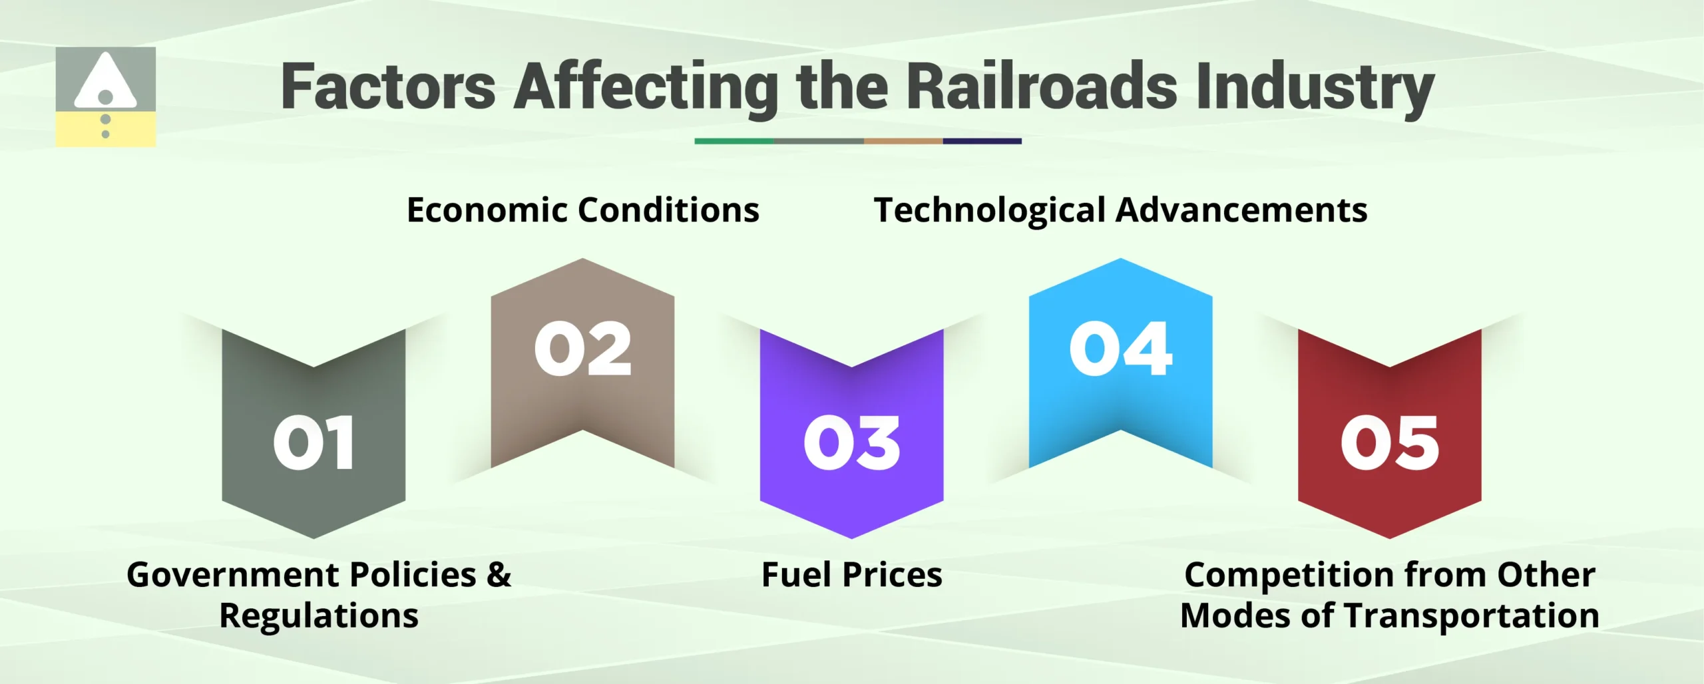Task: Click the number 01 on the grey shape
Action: [314, 443]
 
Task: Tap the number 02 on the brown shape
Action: [582, 349]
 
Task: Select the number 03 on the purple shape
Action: [851, 443]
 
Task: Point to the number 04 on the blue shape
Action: [1120, 349]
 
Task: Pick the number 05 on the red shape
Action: [1389, 443]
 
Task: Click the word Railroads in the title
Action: [1042, 86]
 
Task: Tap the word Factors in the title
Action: [388, 86]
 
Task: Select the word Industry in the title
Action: [1315, 86]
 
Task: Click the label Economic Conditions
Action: [582, 210]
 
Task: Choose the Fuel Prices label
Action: [851, 575]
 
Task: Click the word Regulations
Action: [319, 616]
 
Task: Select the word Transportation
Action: [1471, 616]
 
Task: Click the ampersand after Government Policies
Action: [499, 575]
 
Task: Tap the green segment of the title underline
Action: [734, 141]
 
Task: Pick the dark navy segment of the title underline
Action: [982, 141]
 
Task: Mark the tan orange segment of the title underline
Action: [903, 141]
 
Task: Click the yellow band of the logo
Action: [80, 130]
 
